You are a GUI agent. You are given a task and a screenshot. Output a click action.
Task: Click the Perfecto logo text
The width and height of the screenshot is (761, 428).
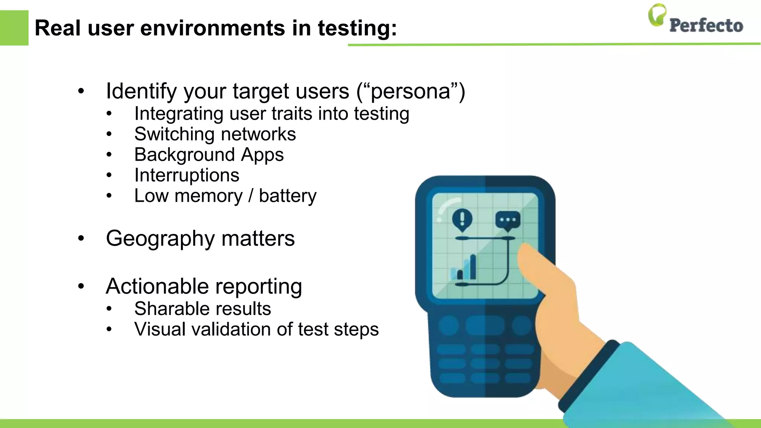pyautogui.click(x=706, y=25)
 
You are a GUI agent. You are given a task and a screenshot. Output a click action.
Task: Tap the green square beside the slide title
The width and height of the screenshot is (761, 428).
pyautogui.click(x=14, y=28)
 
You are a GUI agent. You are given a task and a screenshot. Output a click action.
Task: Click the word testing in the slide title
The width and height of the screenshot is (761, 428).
pyautogui.click(x=357, y=28)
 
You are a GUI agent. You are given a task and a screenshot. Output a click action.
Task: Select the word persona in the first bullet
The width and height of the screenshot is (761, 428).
pyautogui.click(x=411, y=91)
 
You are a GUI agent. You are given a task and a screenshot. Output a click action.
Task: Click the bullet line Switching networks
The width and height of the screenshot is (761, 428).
pyautogui.click(x=215, y=134)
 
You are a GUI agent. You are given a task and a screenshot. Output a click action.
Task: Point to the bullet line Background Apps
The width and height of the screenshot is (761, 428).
pyautogui.click(x=209, y=155)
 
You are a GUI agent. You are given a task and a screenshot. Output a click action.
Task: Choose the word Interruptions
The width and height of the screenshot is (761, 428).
pyautogui.click(x=187, y=175)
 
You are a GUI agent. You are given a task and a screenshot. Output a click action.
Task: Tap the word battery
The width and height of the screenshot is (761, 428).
pyautogui.click(x=288, y=196)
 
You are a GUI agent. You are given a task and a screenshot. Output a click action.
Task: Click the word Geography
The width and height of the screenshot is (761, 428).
pyautogui.click(x=160, y=239)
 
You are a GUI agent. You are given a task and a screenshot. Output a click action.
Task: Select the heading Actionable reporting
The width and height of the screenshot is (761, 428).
pyautogui.click(x=204, y=286)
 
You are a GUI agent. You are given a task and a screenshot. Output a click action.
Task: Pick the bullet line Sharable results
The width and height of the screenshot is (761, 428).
pyautogui.click(x=203, y=309)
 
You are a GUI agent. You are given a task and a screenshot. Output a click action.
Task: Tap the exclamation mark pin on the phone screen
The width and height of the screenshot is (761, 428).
pyautogui.click(x=462, y=219)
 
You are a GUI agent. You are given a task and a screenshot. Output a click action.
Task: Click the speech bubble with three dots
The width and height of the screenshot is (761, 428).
pyautogui.click(x=508, y=220)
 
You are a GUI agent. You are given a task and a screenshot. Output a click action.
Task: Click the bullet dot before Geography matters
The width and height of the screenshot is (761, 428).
pyautogui.click(x=81, y=238)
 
